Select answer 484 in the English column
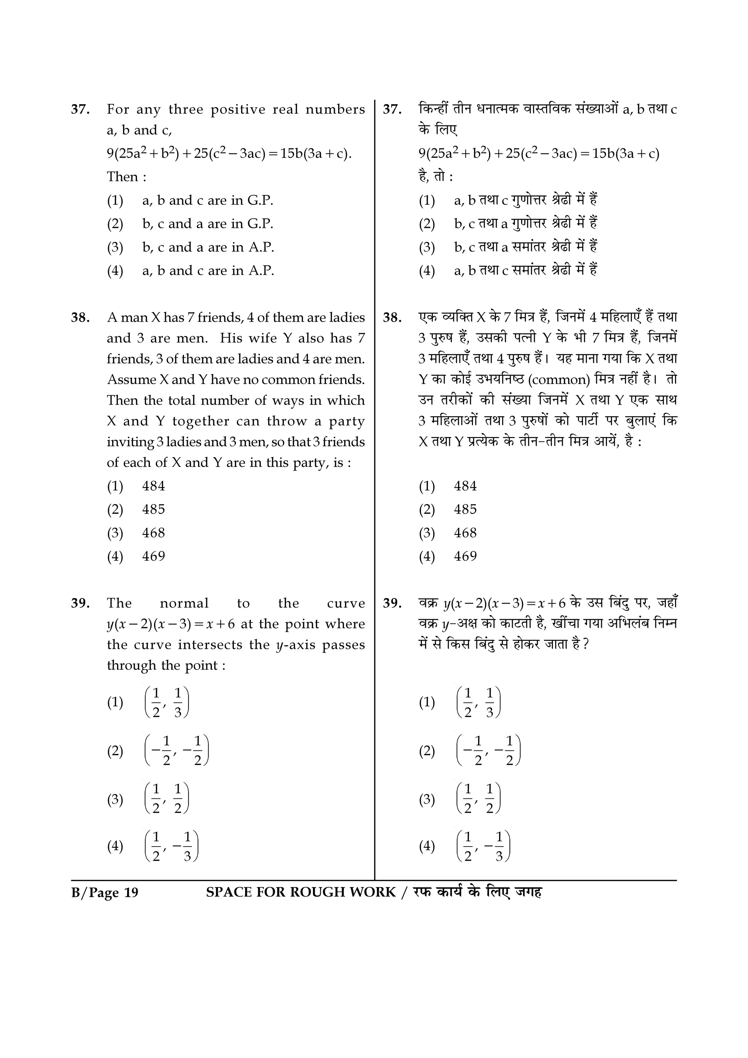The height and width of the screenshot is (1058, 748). [153, 486]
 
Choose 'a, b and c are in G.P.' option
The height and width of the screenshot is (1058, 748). [207, 200]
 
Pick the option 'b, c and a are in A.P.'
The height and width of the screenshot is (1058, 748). [208, 248]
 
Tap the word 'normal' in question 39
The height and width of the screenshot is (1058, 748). [184, 603]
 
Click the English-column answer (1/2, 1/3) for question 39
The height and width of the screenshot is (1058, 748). [167, 703]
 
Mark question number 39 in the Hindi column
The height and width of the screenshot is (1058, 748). [392, 603]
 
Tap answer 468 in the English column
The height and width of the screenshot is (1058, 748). [153, 533]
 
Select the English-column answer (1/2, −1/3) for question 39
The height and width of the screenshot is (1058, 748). [171, 846]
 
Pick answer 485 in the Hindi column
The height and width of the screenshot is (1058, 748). [465, 510]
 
